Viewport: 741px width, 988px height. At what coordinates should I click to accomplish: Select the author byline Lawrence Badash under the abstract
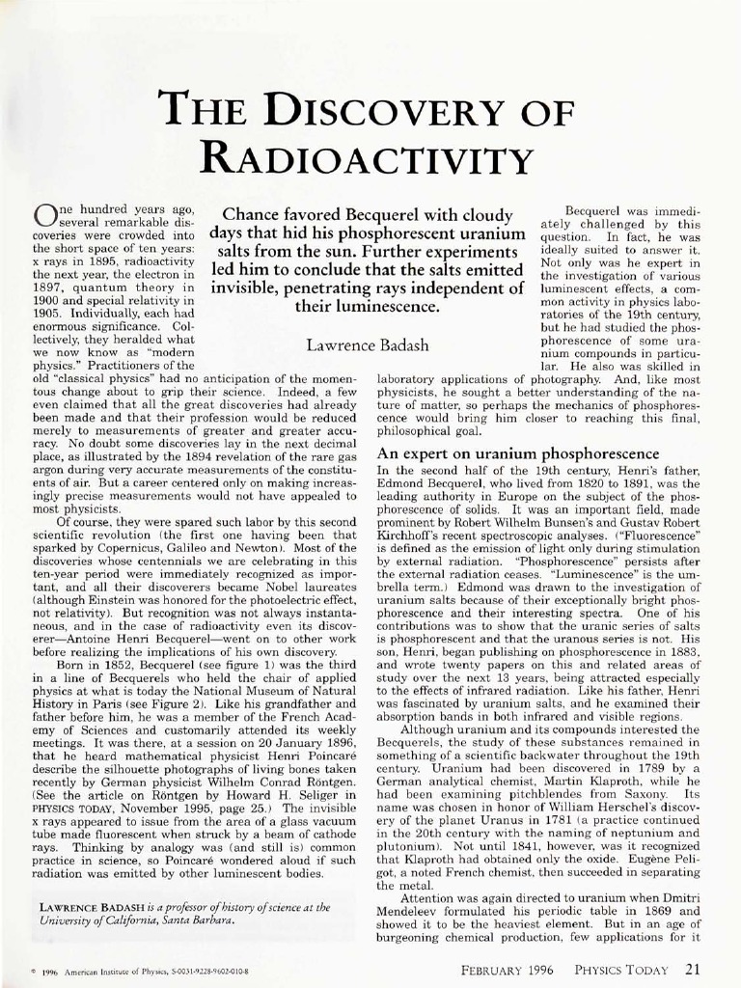click(368, 344)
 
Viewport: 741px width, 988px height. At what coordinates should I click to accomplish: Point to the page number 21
click(692, 970)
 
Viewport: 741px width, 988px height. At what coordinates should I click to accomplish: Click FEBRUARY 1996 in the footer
click(507, 970)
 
